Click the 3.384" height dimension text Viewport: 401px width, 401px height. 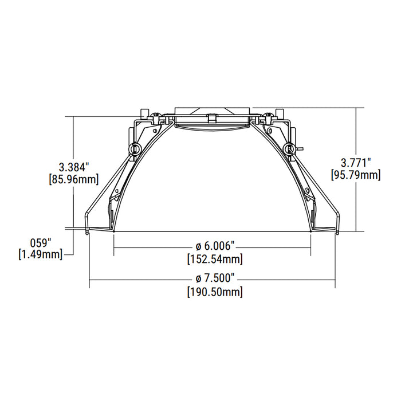(75, 167)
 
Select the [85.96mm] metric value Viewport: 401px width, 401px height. (75, 179)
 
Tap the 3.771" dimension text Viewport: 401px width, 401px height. (356, 162)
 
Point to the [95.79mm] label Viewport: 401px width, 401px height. (356, 174)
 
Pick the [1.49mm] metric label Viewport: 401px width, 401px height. (41, 254)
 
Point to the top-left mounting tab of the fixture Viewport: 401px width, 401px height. (146, 112)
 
